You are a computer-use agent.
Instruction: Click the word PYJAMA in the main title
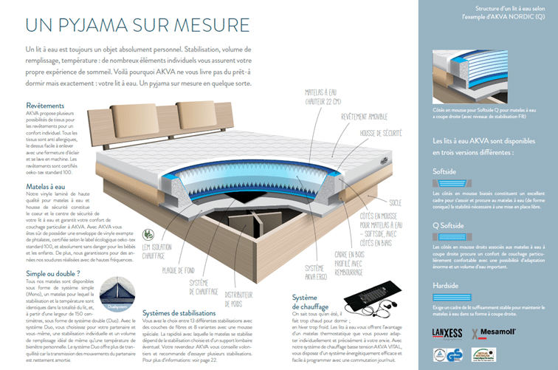[x=105, y=24]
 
